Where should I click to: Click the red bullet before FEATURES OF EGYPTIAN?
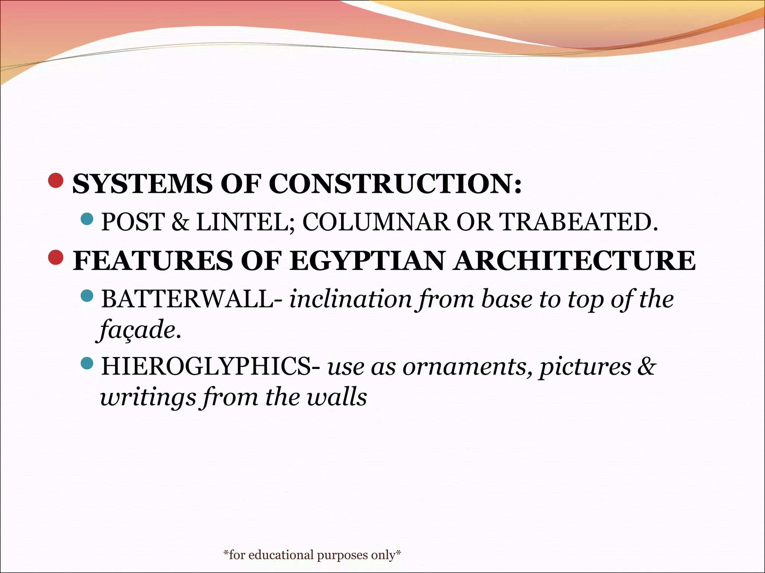[56, 257]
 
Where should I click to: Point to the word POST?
[133, 222]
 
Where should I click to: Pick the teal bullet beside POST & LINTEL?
[87, 219]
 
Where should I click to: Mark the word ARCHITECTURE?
[575, 260]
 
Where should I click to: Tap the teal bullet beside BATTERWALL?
[87, 296]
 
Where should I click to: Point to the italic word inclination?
[350, 299]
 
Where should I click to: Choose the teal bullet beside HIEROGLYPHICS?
[87, 363]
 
